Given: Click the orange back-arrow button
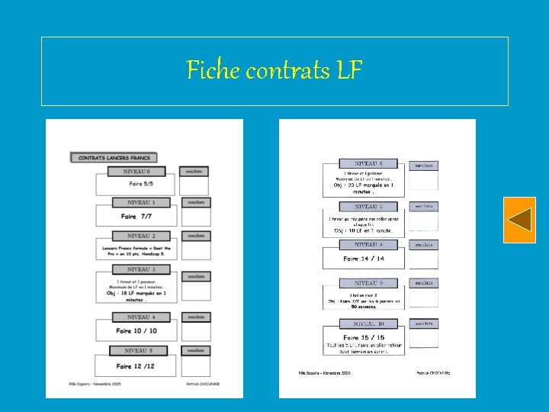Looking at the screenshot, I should (519, 220).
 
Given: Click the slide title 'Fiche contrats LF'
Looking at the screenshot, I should (274, 71).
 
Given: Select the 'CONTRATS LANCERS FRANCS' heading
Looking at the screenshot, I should (114, 158).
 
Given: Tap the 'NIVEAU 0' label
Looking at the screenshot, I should (138, 172).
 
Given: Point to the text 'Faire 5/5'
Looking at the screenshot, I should (141, 184).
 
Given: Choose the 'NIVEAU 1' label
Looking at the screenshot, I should (141, 203).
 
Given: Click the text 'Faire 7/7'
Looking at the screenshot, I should (137, 216).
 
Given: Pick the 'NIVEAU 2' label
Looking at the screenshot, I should (141, 236).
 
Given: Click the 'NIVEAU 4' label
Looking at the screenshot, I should (141, 317).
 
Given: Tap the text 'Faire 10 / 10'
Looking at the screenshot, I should (136, 330).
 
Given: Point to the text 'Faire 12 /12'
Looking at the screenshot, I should (136, 366).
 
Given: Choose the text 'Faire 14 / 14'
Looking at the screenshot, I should (364, 259).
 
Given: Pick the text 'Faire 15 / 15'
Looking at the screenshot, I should (364, 337).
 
